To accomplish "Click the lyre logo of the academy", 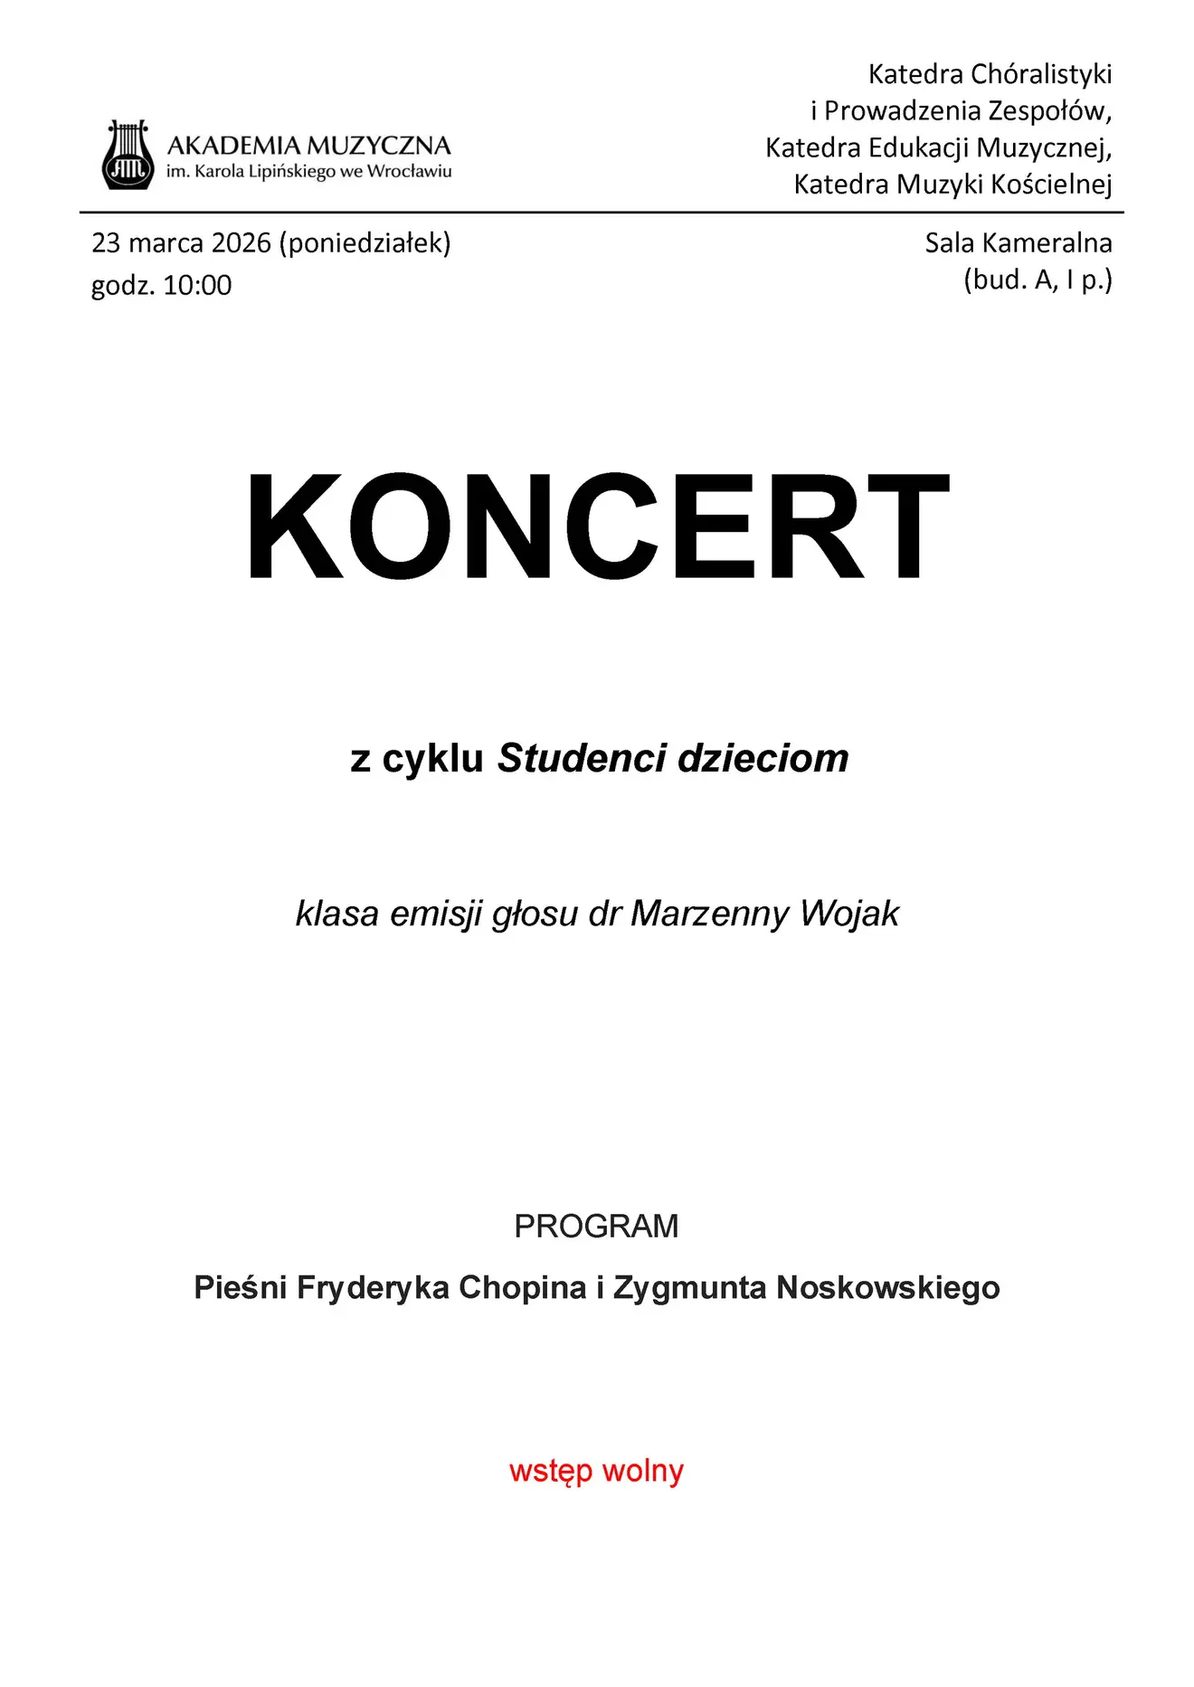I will tap(127, 155).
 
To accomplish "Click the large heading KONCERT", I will tap(597, 526).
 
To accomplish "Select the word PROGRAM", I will tap(596, 1227).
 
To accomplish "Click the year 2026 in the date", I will tap(241, 243).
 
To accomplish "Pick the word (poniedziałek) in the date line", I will tap(365, 243).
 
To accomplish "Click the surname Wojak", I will tap(849, 914).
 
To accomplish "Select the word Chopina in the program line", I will tap(522, 1287).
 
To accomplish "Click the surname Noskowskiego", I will tap(888, 1287).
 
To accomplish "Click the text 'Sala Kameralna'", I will tap(1018, 243).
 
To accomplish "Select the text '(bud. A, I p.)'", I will tap(1038, 280).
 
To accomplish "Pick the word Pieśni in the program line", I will tap(240, 1287).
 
